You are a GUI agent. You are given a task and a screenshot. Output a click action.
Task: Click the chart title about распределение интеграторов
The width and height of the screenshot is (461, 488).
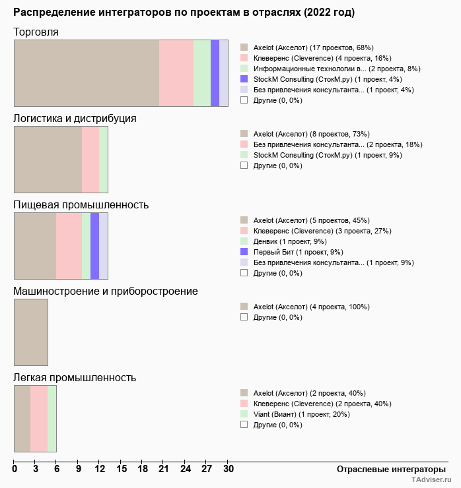(x=184, y=13)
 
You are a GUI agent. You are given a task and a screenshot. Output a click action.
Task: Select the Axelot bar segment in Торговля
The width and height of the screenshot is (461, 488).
(x=87, y=73)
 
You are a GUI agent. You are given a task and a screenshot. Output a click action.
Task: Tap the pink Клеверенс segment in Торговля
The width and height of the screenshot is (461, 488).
(x=176, y=73)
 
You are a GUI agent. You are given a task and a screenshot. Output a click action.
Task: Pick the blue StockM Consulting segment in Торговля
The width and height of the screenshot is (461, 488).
(x=215, y=73)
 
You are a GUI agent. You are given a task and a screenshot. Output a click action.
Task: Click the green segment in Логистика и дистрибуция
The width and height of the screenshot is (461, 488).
(x=103, y=160)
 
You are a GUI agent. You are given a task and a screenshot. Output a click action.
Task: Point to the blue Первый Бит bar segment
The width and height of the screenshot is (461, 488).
(x=94, y=246)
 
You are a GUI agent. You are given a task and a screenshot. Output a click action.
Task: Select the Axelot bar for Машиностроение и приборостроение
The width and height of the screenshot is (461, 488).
(x=31, y=332)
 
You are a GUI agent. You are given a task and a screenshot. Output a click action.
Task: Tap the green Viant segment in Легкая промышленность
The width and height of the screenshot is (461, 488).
(x=52, y=419)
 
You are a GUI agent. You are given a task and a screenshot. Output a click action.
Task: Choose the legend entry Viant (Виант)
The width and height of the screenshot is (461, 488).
(x=301, y=414)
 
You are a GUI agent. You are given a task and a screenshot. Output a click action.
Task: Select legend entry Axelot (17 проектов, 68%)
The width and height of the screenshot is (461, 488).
(x=313, y=47)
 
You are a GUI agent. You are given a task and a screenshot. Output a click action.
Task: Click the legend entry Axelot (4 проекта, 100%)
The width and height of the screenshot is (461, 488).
(x=311, y=307)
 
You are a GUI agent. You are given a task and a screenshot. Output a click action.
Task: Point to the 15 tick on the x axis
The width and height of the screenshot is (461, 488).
(x=121, y=469)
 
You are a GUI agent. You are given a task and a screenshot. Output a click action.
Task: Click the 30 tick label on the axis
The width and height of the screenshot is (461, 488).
(x=228, y=469)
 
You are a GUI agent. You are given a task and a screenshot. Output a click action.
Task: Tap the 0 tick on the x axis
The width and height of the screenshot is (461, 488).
(x=15, y=469)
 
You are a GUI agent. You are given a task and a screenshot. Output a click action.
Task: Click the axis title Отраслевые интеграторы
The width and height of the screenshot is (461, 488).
(x=387, y=469)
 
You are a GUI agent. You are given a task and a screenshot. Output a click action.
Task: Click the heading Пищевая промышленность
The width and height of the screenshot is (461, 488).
(x=81, y=204)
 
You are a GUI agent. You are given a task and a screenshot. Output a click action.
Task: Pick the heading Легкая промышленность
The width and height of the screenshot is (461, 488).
(x=75, y=377)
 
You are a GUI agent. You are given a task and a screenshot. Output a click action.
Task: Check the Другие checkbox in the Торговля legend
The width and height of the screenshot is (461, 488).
(x=244, y=100)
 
